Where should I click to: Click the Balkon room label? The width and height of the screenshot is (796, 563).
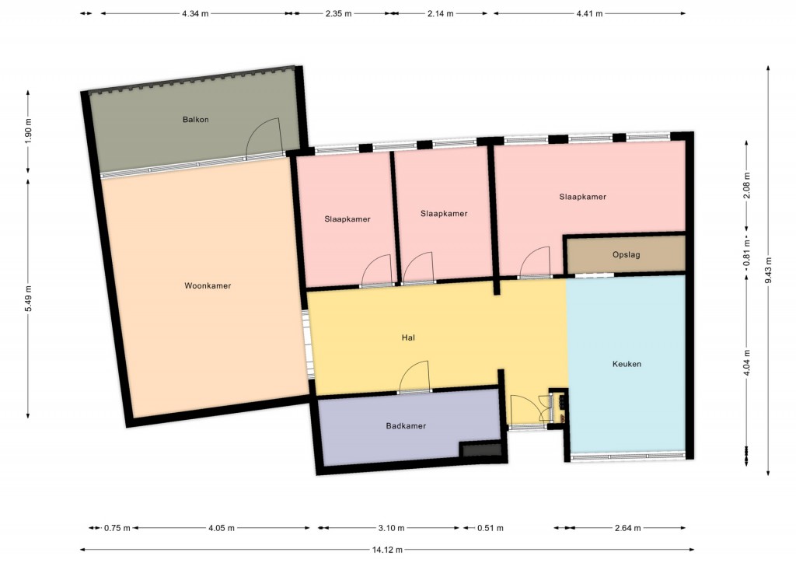tap(195, 120)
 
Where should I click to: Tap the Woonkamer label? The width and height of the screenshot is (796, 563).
tap(208, 286)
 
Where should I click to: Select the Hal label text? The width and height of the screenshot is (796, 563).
tap(408, 337)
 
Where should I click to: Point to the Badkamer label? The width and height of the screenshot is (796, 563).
tap(406, 426)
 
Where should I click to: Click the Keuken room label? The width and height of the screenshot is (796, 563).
tap(627, 364)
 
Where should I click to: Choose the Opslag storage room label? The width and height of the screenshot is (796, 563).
tap(626, 255)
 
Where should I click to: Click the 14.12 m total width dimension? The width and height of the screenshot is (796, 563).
tap(387, 549)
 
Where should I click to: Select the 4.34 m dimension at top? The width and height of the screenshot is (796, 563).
tap(195, 14)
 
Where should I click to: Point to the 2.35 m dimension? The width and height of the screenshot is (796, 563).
tap(339, 14)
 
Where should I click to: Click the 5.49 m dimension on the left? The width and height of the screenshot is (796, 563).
tap(28, 299)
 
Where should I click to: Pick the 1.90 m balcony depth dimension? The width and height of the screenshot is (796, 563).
tap(28, 132)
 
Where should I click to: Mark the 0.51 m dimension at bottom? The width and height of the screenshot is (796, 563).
tap(491, 528)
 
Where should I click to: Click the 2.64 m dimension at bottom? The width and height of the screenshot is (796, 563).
tap(628, 528)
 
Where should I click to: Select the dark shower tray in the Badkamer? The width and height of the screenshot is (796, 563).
tap(480, 449)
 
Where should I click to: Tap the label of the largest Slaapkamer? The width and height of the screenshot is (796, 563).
tap(582, 197)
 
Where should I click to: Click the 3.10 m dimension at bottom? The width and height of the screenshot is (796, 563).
tap(392, 528)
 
